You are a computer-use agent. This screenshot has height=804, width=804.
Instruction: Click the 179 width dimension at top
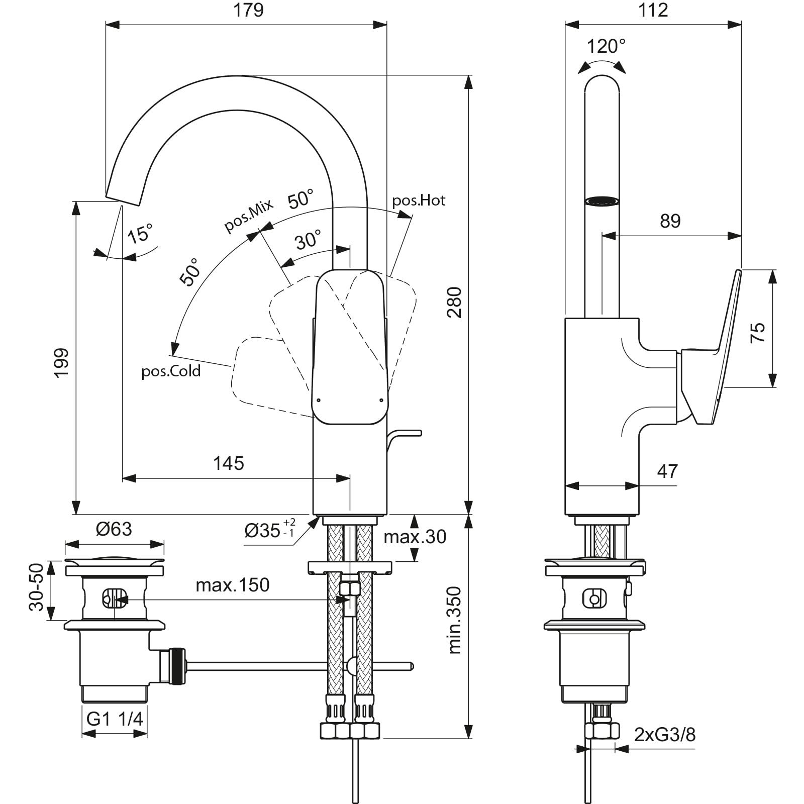pos(249,10)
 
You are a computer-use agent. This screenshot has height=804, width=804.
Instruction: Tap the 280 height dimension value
pos(454,302)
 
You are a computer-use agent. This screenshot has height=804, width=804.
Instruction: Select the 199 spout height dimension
pos(61,363)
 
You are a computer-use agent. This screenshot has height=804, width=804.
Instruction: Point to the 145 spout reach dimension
pos(229,463)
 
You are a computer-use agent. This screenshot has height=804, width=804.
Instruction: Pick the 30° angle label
pos(308,240)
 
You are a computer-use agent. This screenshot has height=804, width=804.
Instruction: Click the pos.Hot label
pos(419,200)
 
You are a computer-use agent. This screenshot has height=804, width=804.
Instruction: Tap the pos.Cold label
pos(171,371)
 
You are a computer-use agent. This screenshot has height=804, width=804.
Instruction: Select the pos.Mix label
pos(248,215)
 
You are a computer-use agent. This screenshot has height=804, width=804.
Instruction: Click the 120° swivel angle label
pos(606,46)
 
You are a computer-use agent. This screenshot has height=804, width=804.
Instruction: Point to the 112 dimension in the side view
pos(653,10)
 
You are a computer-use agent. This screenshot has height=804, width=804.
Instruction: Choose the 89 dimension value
pos(670,221)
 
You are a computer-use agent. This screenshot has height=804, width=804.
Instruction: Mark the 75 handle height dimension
pos(757,333)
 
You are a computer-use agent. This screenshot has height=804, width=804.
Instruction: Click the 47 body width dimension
pos(667,471)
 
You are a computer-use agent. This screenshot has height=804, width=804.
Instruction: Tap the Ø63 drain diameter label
pos(114,529)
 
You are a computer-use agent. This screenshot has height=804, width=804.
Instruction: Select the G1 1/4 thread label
pos(115,719)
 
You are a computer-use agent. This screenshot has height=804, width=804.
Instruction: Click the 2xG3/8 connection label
pos(665,735)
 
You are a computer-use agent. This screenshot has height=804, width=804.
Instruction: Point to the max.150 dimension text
pos(233,585)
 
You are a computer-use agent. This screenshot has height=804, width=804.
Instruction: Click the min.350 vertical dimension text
pos(454,620)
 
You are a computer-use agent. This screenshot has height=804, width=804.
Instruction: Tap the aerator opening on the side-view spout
pos(601,201)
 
